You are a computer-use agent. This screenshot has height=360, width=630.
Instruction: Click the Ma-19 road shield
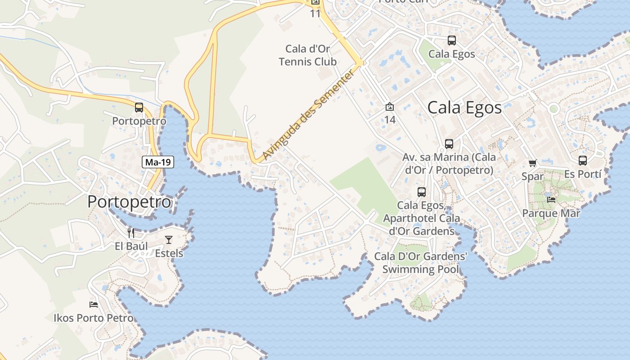point(158,162)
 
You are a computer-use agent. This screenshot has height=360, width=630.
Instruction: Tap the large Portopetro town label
point(129,202)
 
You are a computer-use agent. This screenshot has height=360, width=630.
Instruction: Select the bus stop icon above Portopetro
point(139,108)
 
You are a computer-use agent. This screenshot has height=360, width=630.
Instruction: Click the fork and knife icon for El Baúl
point(131,233)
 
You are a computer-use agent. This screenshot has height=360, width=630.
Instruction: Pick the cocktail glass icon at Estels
point(169,239)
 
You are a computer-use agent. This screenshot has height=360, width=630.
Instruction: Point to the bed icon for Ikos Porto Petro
point(94,305)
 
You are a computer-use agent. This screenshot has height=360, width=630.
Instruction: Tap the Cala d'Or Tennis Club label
point(308,55)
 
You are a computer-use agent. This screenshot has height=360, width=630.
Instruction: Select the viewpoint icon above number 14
point(390,107)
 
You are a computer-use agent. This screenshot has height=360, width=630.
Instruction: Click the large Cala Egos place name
point(464,108)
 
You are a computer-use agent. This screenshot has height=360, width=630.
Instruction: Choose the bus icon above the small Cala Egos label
point(452,40)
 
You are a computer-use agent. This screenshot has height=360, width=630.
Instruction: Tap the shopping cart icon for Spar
point(533,163)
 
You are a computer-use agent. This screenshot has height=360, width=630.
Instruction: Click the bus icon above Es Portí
point(583,160)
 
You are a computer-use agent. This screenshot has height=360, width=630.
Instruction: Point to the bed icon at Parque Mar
point(551,199)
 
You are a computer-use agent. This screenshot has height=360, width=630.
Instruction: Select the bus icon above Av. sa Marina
point(449,144)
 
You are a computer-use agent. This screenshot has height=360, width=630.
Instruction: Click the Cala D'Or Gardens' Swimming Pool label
point(421,263)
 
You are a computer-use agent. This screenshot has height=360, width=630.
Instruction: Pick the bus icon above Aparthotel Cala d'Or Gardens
point(422,192)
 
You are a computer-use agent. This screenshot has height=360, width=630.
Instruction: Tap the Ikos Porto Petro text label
point(94,318)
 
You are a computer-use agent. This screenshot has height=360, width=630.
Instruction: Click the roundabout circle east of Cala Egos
point(553,108)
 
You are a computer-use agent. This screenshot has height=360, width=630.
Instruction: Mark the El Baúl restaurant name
point(131,246)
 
